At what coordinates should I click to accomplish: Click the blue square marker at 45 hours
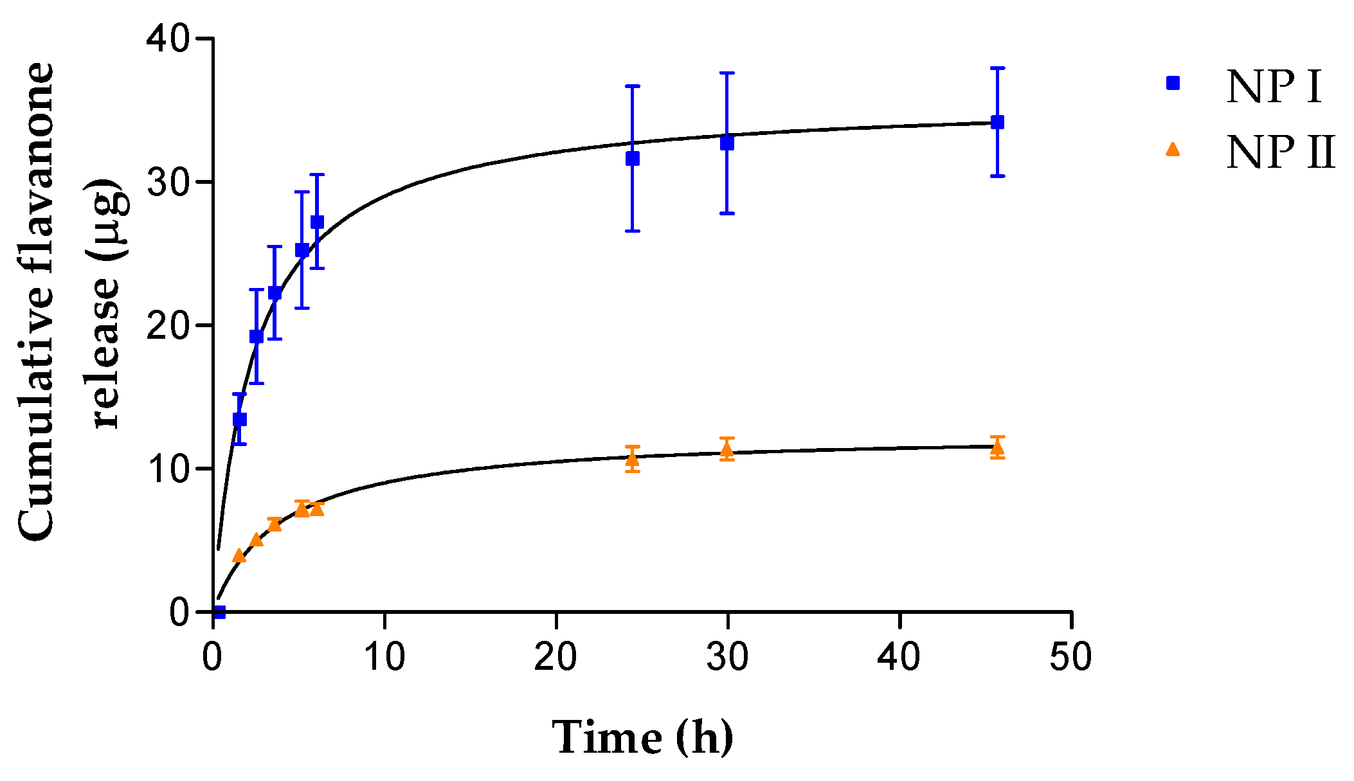coord(997,122)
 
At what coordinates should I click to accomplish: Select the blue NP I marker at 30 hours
coord(727,143)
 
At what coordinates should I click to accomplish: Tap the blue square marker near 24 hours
coord(633,159)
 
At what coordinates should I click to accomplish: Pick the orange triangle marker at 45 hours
coord(997,448)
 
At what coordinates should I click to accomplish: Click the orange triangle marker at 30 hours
coord(727,450)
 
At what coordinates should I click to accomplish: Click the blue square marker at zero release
coord(219,612)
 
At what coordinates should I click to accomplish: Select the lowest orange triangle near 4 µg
coord(239,555)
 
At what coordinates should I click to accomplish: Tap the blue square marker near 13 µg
coord(239,419)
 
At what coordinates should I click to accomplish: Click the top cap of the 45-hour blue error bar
coord(997,67)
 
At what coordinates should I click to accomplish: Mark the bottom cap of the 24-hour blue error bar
coord(633,231)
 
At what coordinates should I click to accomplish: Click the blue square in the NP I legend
coord(1173,83)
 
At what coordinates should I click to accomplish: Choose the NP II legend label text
coord(1280,153)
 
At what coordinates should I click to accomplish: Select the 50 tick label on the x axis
coord(1070,658)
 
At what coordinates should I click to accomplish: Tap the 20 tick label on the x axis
coord(555,658)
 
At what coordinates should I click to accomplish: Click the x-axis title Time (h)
coord(642,737)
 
